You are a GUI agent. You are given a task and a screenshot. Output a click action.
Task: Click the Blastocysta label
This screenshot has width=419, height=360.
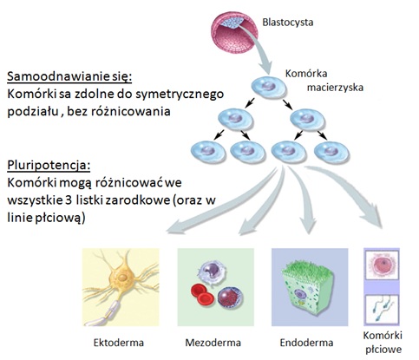point(288,23)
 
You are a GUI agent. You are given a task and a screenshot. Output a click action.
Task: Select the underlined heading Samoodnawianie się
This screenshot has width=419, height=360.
point(69,77)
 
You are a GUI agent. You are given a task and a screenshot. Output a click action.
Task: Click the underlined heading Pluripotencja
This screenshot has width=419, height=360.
point(49,166)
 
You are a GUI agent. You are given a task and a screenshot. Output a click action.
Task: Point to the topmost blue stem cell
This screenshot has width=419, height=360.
point(269,86)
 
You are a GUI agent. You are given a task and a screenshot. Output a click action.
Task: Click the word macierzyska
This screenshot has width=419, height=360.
point(335,88)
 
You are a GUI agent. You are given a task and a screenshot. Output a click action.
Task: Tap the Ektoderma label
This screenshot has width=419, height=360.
point(119,343)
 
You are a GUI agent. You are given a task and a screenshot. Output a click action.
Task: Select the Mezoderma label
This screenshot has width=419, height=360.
point(213,343)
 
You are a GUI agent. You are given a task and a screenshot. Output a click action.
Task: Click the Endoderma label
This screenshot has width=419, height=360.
point(306,343)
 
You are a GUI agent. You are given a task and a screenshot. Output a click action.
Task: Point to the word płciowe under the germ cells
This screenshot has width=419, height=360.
point(383,350)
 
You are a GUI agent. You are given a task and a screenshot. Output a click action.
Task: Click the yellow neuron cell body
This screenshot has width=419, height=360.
point(122,277)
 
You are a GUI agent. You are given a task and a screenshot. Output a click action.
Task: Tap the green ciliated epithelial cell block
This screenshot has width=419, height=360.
point(308,290)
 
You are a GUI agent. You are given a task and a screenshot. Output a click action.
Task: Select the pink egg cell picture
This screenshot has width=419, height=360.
point(382,265)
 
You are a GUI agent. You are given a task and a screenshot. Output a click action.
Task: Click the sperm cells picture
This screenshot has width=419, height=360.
point(382,309)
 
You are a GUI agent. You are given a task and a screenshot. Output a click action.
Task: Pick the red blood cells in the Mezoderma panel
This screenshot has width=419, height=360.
point(202,295)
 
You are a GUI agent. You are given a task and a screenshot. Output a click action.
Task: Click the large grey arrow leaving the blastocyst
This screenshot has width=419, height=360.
point(258,46)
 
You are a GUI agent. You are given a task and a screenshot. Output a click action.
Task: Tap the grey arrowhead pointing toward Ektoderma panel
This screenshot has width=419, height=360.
point(175,226)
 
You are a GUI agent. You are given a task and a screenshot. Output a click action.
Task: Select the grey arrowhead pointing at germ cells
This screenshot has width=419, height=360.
point(374,219)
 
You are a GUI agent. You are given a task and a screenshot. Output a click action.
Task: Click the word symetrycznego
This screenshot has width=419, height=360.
point(180,95)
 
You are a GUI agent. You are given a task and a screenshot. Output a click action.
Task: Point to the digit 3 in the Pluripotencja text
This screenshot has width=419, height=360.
point(69,200)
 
